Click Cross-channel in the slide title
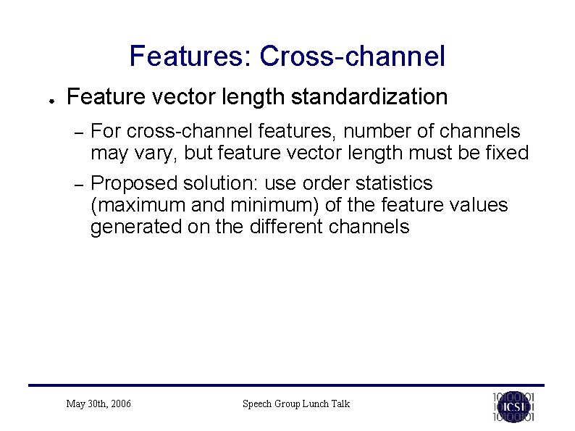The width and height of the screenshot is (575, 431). click(x=352, y=56)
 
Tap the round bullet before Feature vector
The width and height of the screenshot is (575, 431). click(x=44, y=99)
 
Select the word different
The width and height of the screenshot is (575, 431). click(x=286, y=227)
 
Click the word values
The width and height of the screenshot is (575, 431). click(x=478, y=205)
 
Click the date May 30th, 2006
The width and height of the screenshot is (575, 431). click(x=98, y=403)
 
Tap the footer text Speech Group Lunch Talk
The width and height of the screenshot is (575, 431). click(x=295, y=403)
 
